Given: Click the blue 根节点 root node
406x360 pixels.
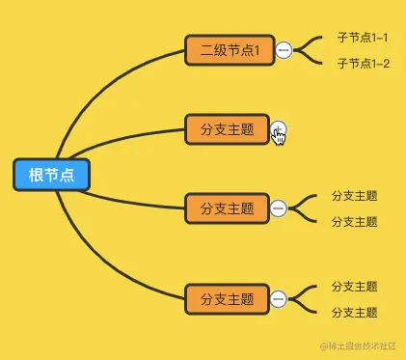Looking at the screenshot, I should [x=51, y=175].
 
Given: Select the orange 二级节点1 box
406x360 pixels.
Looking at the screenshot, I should [x=224, y=50].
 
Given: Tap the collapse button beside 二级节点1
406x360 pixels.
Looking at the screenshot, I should [x=284, y=50].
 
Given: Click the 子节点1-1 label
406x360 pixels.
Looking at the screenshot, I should [x=363, y=38].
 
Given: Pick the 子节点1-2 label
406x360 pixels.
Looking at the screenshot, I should [x=363, y=64].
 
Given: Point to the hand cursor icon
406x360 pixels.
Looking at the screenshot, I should [x=279, y=135].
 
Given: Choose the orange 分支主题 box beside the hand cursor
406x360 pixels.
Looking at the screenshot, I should [x=224, y=129].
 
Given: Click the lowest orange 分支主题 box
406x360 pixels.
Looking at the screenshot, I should [x=226, y=299].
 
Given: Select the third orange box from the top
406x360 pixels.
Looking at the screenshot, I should [x=226, y=208].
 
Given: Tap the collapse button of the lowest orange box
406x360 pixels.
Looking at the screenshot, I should [x=278, y=299].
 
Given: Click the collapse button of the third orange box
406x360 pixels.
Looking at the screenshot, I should [x=278, y=208].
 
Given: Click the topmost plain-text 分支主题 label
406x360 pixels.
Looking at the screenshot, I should [x=354, y=195].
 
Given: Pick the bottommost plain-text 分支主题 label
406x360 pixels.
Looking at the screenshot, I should [x=354, y=313].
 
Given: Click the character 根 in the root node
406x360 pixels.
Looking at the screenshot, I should [x=36, y=175].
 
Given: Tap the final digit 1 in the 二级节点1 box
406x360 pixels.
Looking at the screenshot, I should [x=257, y=50].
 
